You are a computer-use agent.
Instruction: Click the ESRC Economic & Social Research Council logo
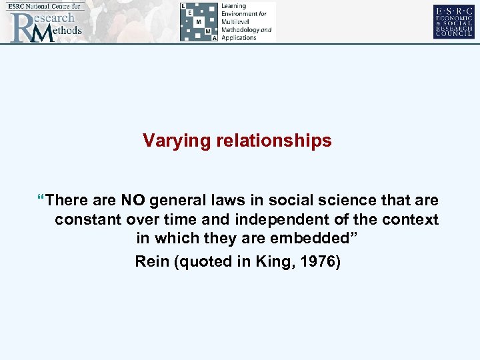coord(453,21)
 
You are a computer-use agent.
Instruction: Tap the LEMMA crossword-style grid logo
coord(199,21)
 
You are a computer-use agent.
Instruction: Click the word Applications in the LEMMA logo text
coord(239,38)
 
